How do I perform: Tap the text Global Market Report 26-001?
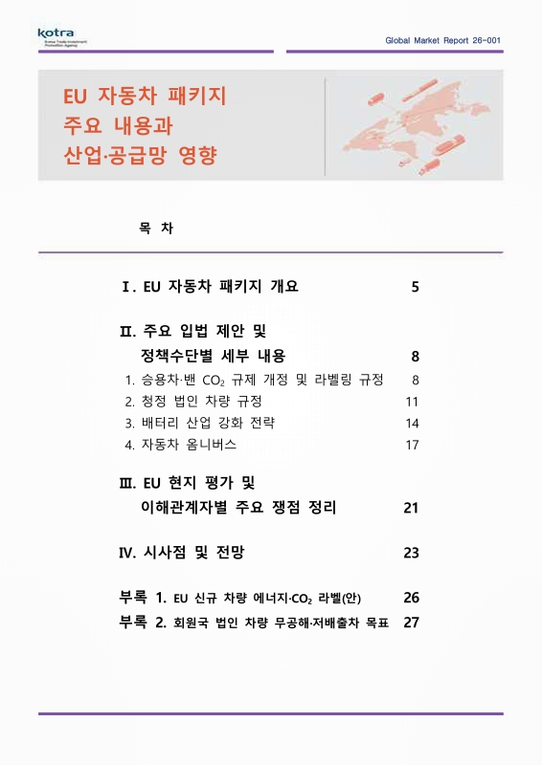(442, 41)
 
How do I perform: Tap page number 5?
(415, 287)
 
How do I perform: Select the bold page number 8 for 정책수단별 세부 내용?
(415, 357)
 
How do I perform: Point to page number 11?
(413, 401)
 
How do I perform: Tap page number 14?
(413, 423)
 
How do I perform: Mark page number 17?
(413, 445)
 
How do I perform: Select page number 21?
(412, 507)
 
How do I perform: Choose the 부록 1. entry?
(240, 598)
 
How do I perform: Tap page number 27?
(412, 622)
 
